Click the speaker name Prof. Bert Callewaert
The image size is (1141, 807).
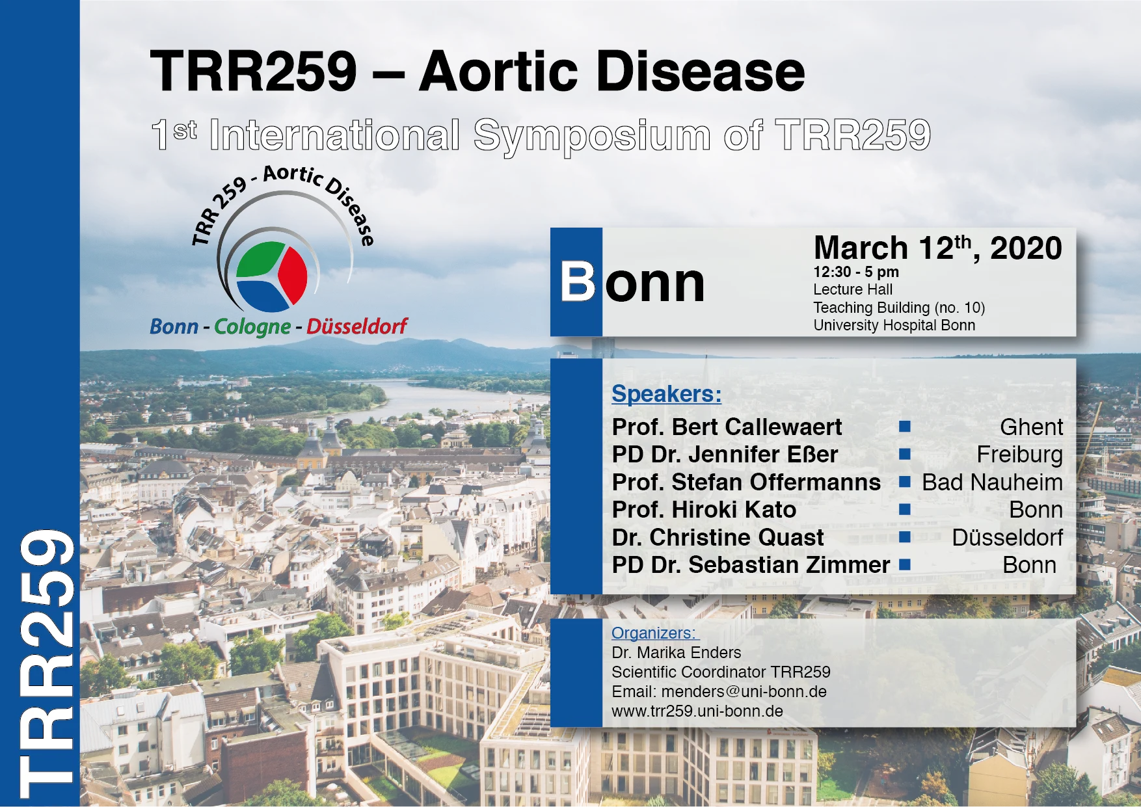(x=727, y=427)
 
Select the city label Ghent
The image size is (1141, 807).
(x=1031, y=427)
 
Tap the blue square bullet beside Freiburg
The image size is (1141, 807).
(x=904, y=455)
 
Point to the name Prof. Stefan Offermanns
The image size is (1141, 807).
(x=746, y=483)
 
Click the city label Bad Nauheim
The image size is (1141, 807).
(x=992, y=483)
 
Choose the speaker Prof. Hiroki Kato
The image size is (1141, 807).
(x=704, y=510)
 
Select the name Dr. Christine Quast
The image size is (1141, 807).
(x=718, y=538)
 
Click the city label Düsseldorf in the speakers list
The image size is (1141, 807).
(x=1007, y=538)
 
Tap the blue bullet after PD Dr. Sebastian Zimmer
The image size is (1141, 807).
(x=904, y=565)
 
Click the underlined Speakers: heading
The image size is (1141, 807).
(x=667, y=394)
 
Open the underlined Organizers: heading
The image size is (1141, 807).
(x=654, y=633)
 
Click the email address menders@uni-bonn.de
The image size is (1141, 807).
(x=744, y=692)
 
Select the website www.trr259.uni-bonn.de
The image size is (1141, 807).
(x=697, y=711)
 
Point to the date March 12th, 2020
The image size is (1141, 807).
(x=937, y=248)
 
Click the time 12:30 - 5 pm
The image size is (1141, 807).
(x=856, y=272)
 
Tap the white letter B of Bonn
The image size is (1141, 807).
(x=578, y=282)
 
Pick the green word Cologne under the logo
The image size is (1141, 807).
(x=252, y=326)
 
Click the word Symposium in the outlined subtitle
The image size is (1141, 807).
(x=592, y=136)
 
